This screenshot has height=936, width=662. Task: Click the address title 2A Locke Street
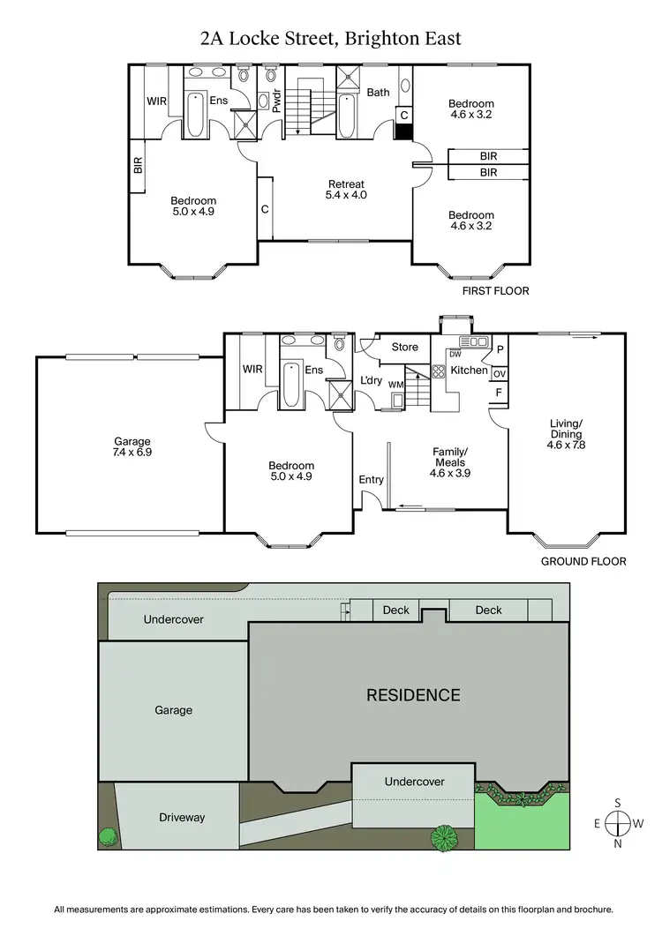pyautogui.click(x=331, y=38)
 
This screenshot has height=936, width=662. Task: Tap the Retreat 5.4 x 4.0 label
pyautogui.click(x=344, y=190)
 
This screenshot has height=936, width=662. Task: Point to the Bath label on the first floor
pyautogui.click(x=378, y=92)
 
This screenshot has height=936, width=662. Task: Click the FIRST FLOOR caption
pyautogui.click(x=495, y=290)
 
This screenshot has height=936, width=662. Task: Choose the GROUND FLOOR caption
pyautogui.click(x=583, y=561)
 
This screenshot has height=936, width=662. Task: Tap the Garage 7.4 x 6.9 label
pyautogui.click(x=132, y=447)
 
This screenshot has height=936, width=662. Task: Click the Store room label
pyautogui.click(x=404, y=347)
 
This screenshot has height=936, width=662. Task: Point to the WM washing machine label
pyautogui.click(x=396, y=385)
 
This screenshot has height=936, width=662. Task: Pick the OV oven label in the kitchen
pyautogui.click(x=499, y=373)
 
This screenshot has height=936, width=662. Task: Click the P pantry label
pyautogui.click(x=499, y=350)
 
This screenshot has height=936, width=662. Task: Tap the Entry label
pyautogui.click(x=371, y=479)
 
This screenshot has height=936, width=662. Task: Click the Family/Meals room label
pyautogui.click(x=449, y=461)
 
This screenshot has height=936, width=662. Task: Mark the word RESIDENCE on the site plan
pyautogui.click(x=413, y=695)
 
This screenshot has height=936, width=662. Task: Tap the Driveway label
pyautogui.click(x=182, y=817)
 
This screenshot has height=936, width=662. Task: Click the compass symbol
pyautogui.click(x=618, y=823)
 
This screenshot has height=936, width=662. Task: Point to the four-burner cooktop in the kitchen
pyautogui.click(x=439, y=371)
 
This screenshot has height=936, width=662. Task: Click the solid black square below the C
pyautogui.click(x=404, y=131)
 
